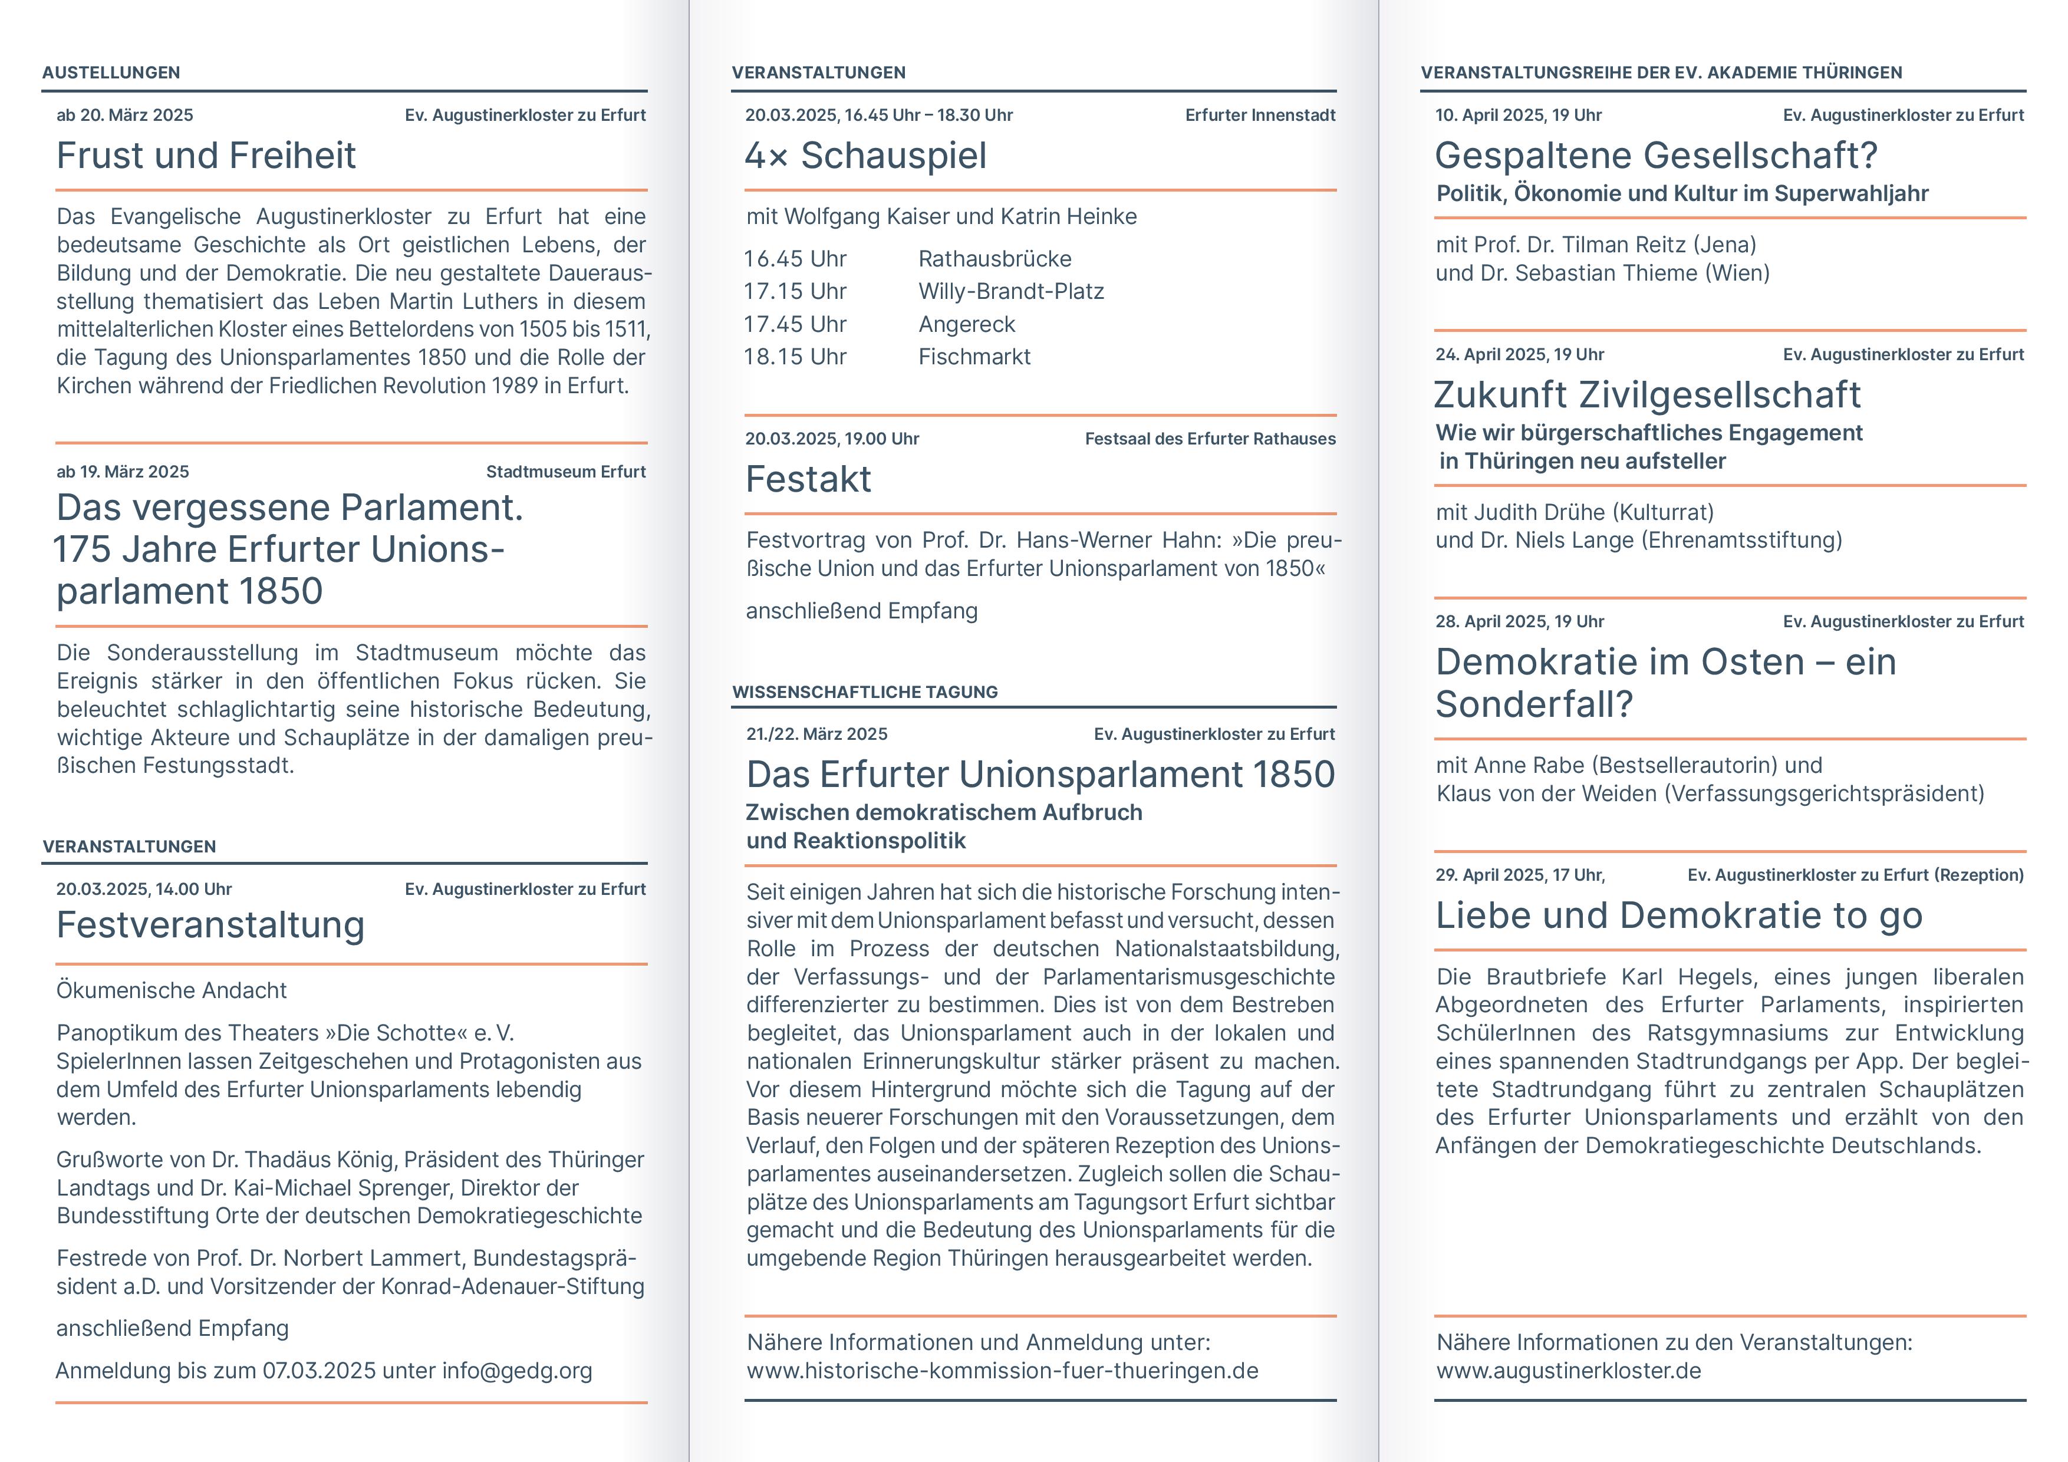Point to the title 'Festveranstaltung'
coord(210,925)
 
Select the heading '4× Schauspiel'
coord(865,156)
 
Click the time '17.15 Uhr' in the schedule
coord(795,292)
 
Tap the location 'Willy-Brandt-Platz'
coord(1010,292)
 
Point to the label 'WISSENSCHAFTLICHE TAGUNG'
coord(865,693)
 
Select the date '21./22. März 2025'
coord(816,734)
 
